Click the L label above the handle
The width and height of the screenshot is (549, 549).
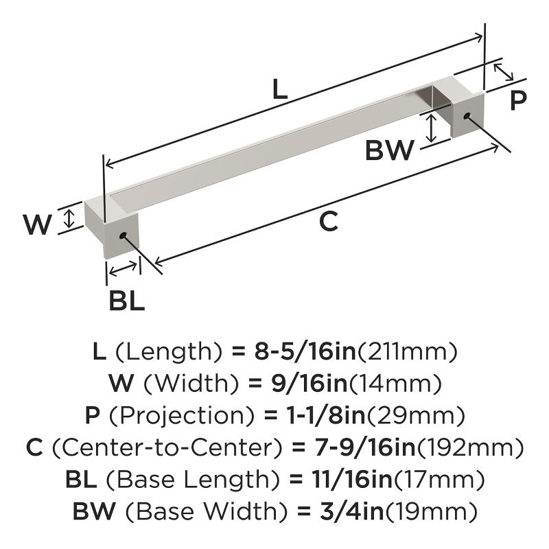[279, 90]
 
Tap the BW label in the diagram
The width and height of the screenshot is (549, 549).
[389, 150]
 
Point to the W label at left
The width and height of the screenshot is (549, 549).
[37, 224]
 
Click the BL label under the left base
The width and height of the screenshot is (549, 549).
[126, 300]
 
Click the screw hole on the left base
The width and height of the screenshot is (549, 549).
[124, 236]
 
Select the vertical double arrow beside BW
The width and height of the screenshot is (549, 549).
[431, 128]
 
